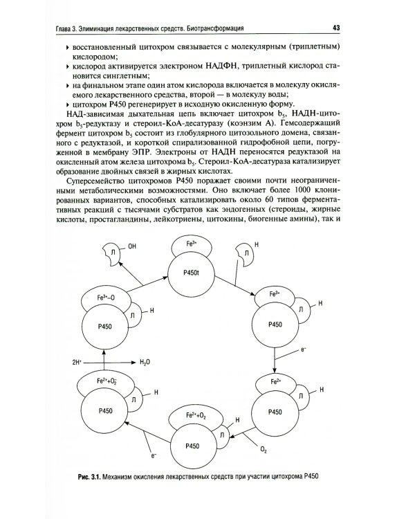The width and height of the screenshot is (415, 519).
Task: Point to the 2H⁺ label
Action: click(x=77, y=361)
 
